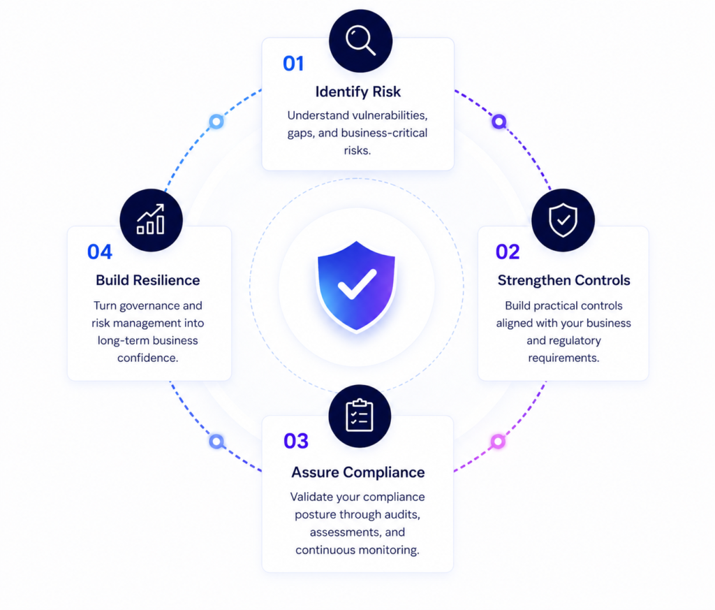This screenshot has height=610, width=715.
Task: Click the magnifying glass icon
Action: [361, 41]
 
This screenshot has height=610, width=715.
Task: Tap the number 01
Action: [293, 64]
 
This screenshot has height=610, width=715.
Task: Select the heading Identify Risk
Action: [358, 92]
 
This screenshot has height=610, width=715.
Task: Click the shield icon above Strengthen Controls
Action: [563, 220]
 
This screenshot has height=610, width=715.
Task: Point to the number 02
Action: [508, 252]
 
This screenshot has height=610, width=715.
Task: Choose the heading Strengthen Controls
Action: [563, 280]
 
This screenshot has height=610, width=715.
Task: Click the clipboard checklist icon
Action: [360, 415]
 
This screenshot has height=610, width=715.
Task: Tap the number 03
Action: [296, 441]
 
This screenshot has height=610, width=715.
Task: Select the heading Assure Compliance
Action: [358, 472]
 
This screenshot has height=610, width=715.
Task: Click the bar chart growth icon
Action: [151, 219]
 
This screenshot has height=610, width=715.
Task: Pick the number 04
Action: [100, 252]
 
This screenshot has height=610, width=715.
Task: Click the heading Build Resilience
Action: [148, 280]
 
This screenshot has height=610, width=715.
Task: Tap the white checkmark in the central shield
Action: [357, 284]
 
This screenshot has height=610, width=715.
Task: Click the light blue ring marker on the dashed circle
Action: [216, 122]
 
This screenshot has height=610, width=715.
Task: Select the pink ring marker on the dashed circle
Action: [498, 441]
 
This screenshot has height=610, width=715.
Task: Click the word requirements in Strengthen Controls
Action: [563, 358]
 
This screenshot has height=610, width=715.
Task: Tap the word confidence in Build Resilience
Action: [148, 358]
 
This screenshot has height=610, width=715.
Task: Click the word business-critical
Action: [385, 133]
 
